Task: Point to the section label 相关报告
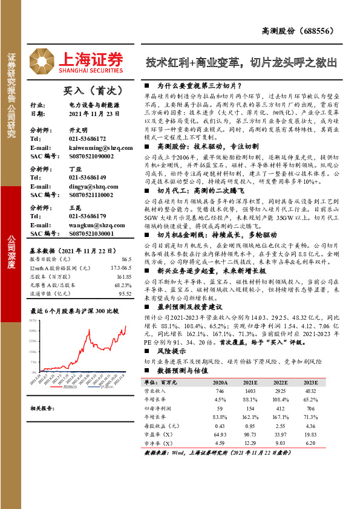coord(42,408)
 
